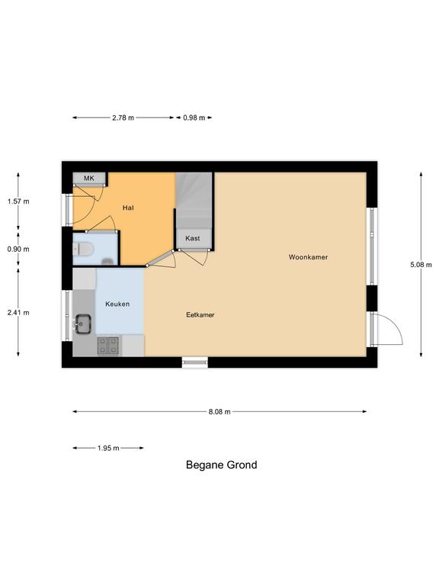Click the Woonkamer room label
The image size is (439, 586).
pos(309,257)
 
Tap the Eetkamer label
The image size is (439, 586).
pos(200,314)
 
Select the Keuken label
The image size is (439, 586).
pos(117,304)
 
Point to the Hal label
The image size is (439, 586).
pos(128,208)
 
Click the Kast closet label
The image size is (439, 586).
pos(193,238)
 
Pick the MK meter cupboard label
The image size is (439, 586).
pos(89,178)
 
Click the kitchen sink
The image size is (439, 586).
pos(83,324)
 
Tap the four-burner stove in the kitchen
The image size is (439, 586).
pos(108,346)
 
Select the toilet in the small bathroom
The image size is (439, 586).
pos(82,249)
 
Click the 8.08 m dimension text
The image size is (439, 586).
pos(219,411)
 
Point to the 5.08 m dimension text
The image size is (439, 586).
pos(421,265)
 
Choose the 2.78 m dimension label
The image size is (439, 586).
pos(123,118)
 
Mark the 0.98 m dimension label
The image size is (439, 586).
pos(194,118)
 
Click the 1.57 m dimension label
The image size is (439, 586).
pos(18,201)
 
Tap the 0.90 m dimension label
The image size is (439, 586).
pos(18,250)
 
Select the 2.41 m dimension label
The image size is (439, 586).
pos(18,312)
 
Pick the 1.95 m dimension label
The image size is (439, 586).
pos(108,448)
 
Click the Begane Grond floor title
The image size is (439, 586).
pos(221,465)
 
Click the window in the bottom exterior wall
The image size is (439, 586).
pos(195,362)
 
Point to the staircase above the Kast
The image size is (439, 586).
pos(194,201)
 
